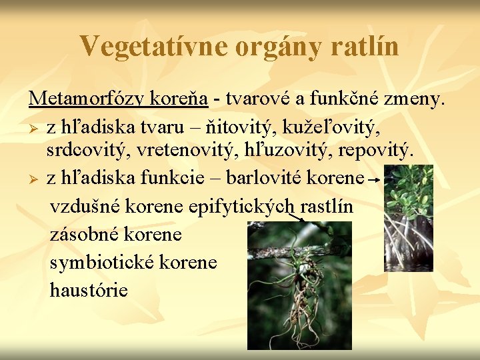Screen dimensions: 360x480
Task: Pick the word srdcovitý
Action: (89, 151)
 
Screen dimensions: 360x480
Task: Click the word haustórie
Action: (89, 290)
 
